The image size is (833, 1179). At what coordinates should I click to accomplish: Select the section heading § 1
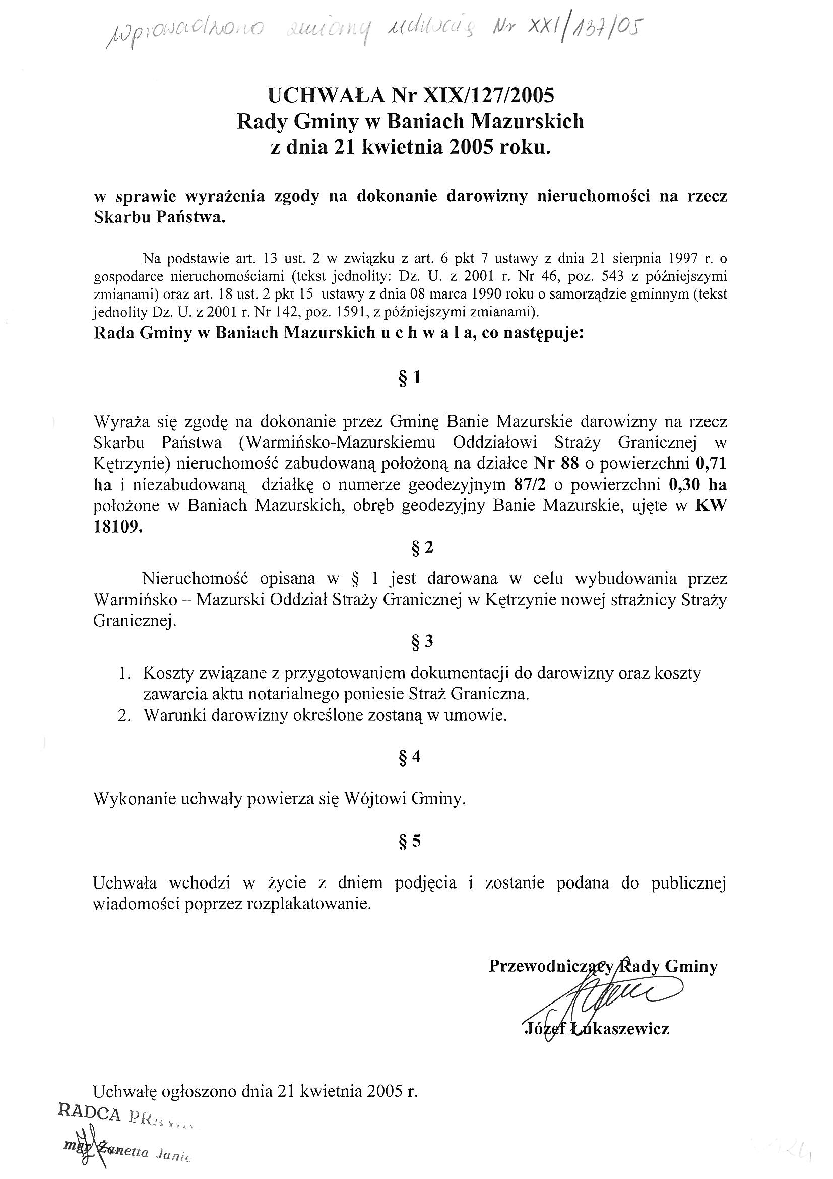point(410,378)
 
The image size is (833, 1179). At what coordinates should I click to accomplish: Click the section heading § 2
point(422,548)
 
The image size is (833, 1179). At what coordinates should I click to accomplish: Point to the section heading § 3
point(422,641)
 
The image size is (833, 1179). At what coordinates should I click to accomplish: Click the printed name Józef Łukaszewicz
point(596,1029)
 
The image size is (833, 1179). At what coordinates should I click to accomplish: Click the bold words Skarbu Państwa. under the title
point(160,217)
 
